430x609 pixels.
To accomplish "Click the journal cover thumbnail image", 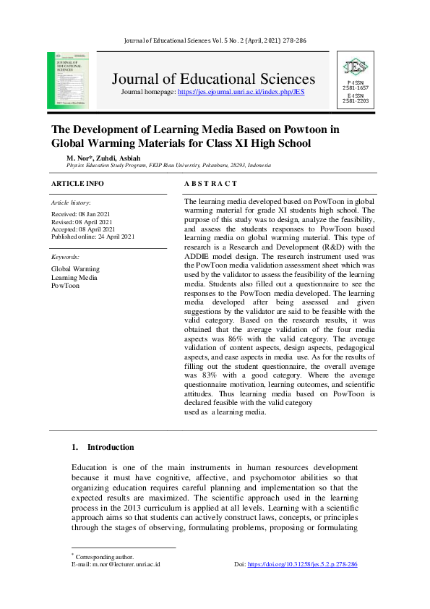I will pos(68,80).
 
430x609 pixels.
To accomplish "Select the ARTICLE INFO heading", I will pos(77,184).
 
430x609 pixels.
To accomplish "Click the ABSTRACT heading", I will pos(210,184).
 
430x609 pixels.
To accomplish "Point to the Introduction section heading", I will pos(110,447).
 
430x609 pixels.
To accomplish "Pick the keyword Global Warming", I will pos(75,269).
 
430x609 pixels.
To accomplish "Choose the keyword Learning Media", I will pos(74,277).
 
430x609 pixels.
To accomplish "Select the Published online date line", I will pos(93,237).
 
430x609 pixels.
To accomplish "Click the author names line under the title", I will pos(100,157).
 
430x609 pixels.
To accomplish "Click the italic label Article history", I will pos(71,203).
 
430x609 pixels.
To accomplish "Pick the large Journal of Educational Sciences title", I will pos(213,79).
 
